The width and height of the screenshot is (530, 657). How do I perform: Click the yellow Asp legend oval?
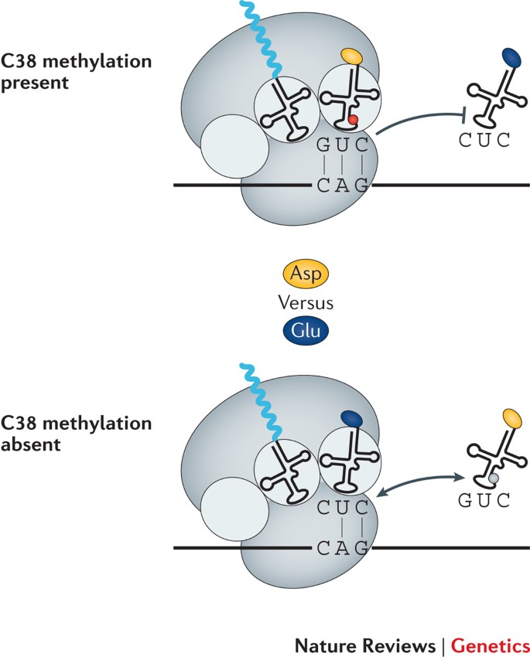(x=306, y=274)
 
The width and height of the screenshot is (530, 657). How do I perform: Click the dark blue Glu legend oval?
(x=306, y=331)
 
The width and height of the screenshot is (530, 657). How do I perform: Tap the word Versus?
(x=306, y=302)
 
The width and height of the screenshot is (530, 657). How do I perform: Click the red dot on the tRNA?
(x=353, y=120)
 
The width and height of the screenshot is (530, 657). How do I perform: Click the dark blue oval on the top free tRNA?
(x=511, y=58)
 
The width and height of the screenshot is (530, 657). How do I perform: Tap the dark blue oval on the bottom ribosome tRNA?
(x=351, y=417)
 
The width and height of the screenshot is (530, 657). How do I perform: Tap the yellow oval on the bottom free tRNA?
(x=512, y=420)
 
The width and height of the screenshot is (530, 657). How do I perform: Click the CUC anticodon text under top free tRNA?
(x=484, y=140)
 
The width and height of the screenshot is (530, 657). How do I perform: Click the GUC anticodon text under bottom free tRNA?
(x=484, y=500)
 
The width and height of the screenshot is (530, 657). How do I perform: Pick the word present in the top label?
(x=34, y=83)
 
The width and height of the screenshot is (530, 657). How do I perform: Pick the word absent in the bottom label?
(x=31, y=444)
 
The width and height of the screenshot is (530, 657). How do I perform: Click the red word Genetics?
(x=491, y=645)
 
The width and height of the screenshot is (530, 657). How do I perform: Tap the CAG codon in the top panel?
(x=343, y=185)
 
